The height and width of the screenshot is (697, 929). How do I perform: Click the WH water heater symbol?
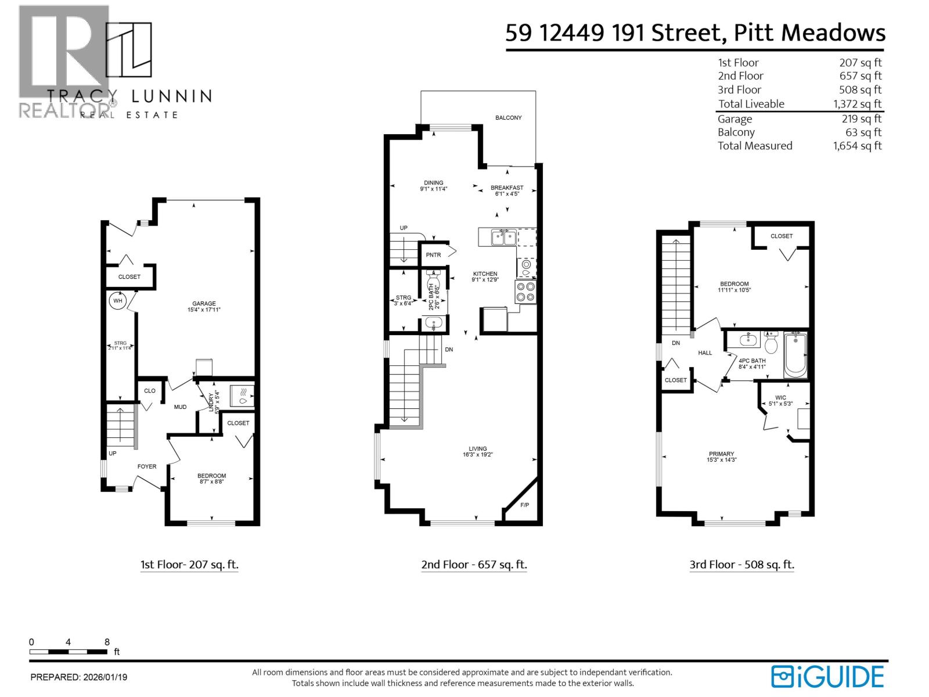[x=118, y=301]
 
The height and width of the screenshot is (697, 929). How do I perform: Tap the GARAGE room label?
[x=204, y=303]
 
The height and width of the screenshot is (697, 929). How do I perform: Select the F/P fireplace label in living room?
[x=524, y=505]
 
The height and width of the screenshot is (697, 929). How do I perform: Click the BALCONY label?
[x=508, y=118]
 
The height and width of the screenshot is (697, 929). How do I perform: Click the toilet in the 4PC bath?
[x=771, y=344]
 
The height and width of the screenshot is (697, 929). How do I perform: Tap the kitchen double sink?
[x=503, y=238]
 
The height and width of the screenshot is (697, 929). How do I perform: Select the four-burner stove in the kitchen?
[x=525, y=292]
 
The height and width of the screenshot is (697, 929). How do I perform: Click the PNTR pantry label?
[x=433, y=255]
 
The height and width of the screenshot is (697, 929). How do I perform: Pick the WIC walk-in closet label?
[x=780, y=398]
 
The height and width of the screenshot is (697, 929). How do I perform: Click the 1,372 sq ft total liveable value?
[x=857, y=104]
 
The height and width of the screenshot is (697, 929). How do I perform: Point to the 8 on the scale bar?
[x=107, y=642]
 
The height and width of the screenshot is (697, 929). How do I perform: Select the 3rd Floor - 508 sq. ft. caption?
[x=741, y=565]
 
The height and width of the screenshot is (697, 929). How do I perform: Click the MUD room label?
[x=180, y=407]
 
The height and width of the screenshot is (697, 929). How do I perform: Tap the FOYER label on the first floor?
[x=146, y=466]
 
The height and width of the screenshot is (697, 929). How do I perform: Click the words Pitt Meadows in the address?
[x=809, y=33]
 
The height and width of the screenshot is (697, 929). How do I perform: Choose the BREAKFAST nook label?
[x=506, y=188]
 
